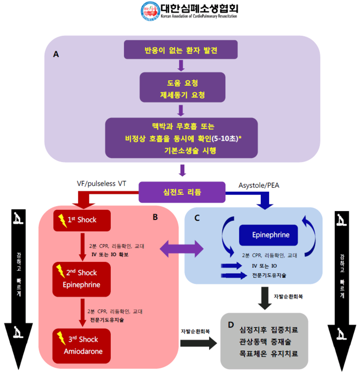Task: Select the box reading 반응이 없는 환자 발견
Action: pos(181,50)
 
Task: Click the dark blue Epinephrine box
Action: pos(271,235)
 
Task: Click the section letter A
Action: pos(56,54)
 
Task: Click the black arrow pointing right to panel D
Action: pos(198,344)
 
